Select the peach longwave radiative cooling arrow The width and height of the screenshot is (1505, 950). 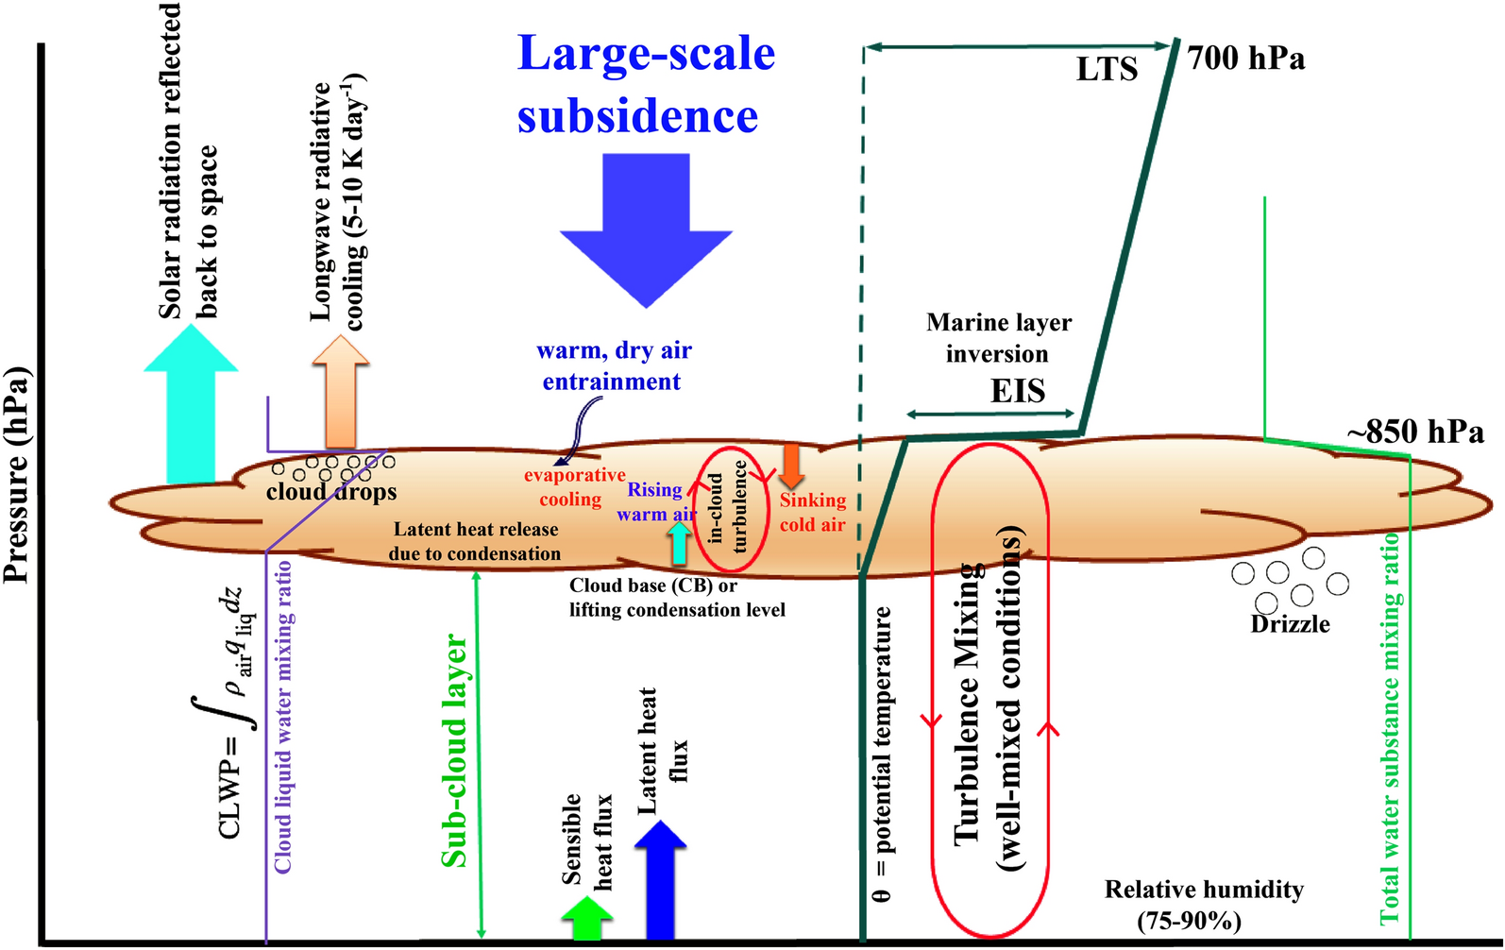(x=341, y=392)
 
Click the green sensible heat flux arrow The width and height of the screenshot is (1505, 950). (x=586, y=918)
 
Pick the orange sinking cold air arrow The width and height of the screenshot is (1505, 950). (x=790, y=465)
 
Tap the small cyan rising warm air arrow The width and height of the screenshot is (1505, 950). (x=678, y=542)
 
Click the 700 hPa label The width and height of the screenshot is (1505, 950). (x=1246, y=59)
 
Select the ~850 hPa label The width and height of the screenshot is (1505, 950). (x=1415, y=433)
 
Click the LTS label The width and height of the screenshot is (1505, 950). (x=1107, y=69)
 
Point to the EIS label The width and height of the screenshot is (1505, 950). (x=1017, y=391)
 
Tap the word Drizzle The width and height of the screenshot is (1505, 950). (x=1290, y=624)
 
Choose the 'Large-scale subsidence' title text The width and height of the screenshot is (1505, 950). (x=646, y=85)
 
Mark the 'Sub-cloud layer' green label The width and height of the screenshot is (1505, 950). (x=454, y=751)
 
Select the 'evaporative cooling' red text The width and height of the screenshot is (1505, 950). (x=573, y=487)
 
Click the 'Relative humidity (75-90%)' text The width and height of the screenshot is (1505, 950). (x=1203, y=905)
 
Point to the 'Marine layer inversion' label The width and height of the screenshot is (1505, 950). (x=998, y=338)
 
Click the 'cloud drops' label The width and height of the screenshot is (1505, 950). (x=331, y=492)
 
